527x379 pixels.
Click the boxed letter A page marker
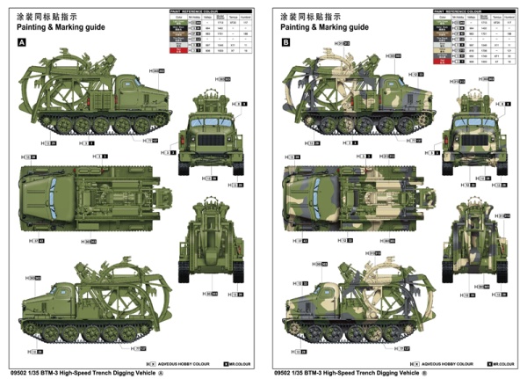pyautogui.click(x=21, y=42)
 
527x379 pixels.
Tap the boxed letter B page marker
pyautogui.click(x=285, y=42)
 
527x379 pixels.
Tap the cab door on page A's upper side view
pyautogui.click(x=134, y=95)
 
